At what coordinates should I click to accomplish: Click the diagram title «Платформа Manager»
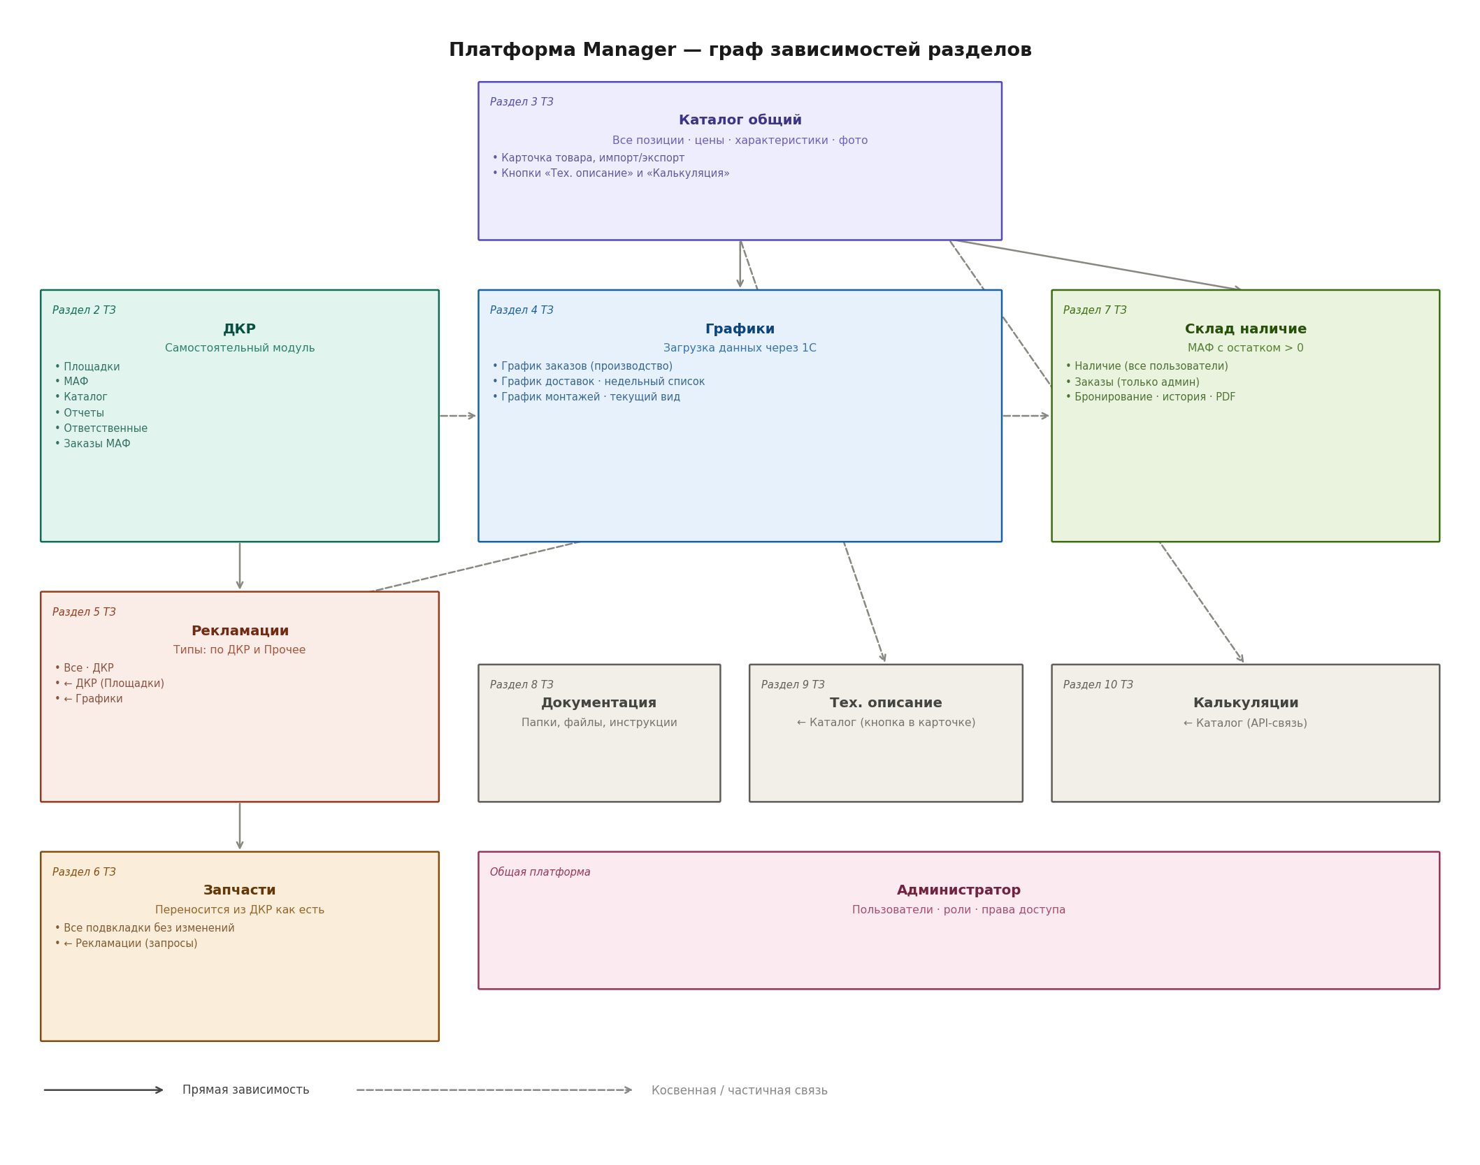coord(562,50)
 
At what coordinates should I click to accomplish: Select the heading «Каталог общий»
coord(740,120)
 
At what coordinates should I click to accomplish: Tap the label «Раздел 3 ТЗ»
coord(522,102)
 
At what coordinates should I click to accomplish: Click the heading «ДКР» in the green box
coord(239,329)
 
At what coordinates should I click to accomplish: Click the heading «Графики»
coord(740,329)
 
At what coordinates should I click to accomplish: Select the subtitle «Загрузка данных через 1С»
coord(740,348)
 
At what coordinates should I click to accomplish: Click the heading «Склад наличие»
coord(1245,329)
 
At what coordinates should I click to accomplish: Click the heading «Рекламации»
coord(240,631)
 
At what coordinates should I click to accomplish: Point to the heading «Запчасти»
coord(240,890)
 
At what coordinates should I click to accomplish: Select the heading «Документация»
coord(598,703)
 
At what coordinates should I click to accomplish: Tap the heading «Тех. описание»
coord(886,703)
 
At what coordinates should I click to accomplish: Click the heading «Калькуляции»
coord(1245,703)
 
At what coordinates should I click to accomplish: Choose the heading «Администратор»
coord(958,890)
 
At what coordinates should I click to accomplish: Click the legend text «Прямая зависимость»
coord(245,1090)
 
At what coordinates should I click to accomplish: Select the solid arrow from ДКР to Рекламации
coord(240,566)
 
